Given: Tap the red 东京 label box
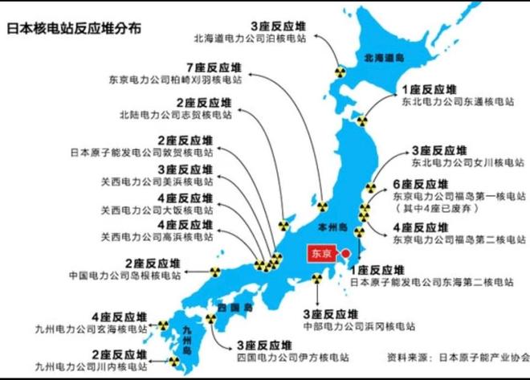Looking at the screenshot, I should pos(320,253).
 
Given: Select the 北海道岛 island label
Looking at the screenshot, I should pos(384,59).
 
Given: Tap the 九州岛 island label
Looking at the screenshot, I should pos(190,339).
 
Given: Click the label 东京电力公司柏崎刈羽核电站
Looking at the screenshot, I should pos(177,80).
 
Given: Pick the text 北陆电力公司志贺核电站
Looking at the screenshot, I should pos(175,115).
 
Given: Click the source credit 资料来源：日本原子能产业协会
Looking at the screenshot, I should pos(458,357).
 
